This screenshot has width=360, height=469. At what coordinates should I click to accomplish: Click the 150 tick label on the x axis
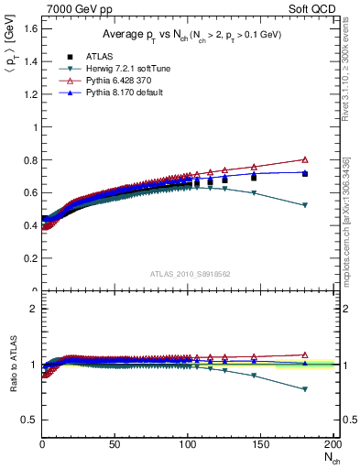[260, 445]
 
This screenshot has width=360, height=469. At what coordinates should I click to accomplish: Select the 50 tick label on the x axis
[115, 445]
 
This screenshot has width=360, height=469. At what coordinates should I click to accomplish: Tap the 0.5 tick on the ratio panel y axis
[29, 420]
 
